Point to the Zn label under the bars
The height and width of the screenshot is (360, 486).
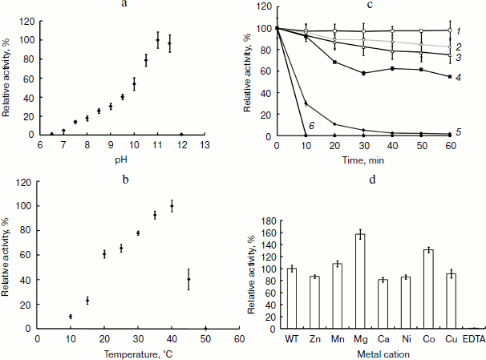tap(314, 338)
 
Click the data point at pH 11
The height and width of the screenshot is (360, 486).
tap(158, 40)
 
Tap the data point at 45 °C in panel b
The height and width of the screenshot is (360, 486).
tap(188, 279)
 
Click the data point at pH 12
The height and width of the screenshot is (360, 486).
tap(181, 135)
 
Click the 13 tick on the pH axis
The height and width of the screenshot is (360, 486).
tap(205, 145)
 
